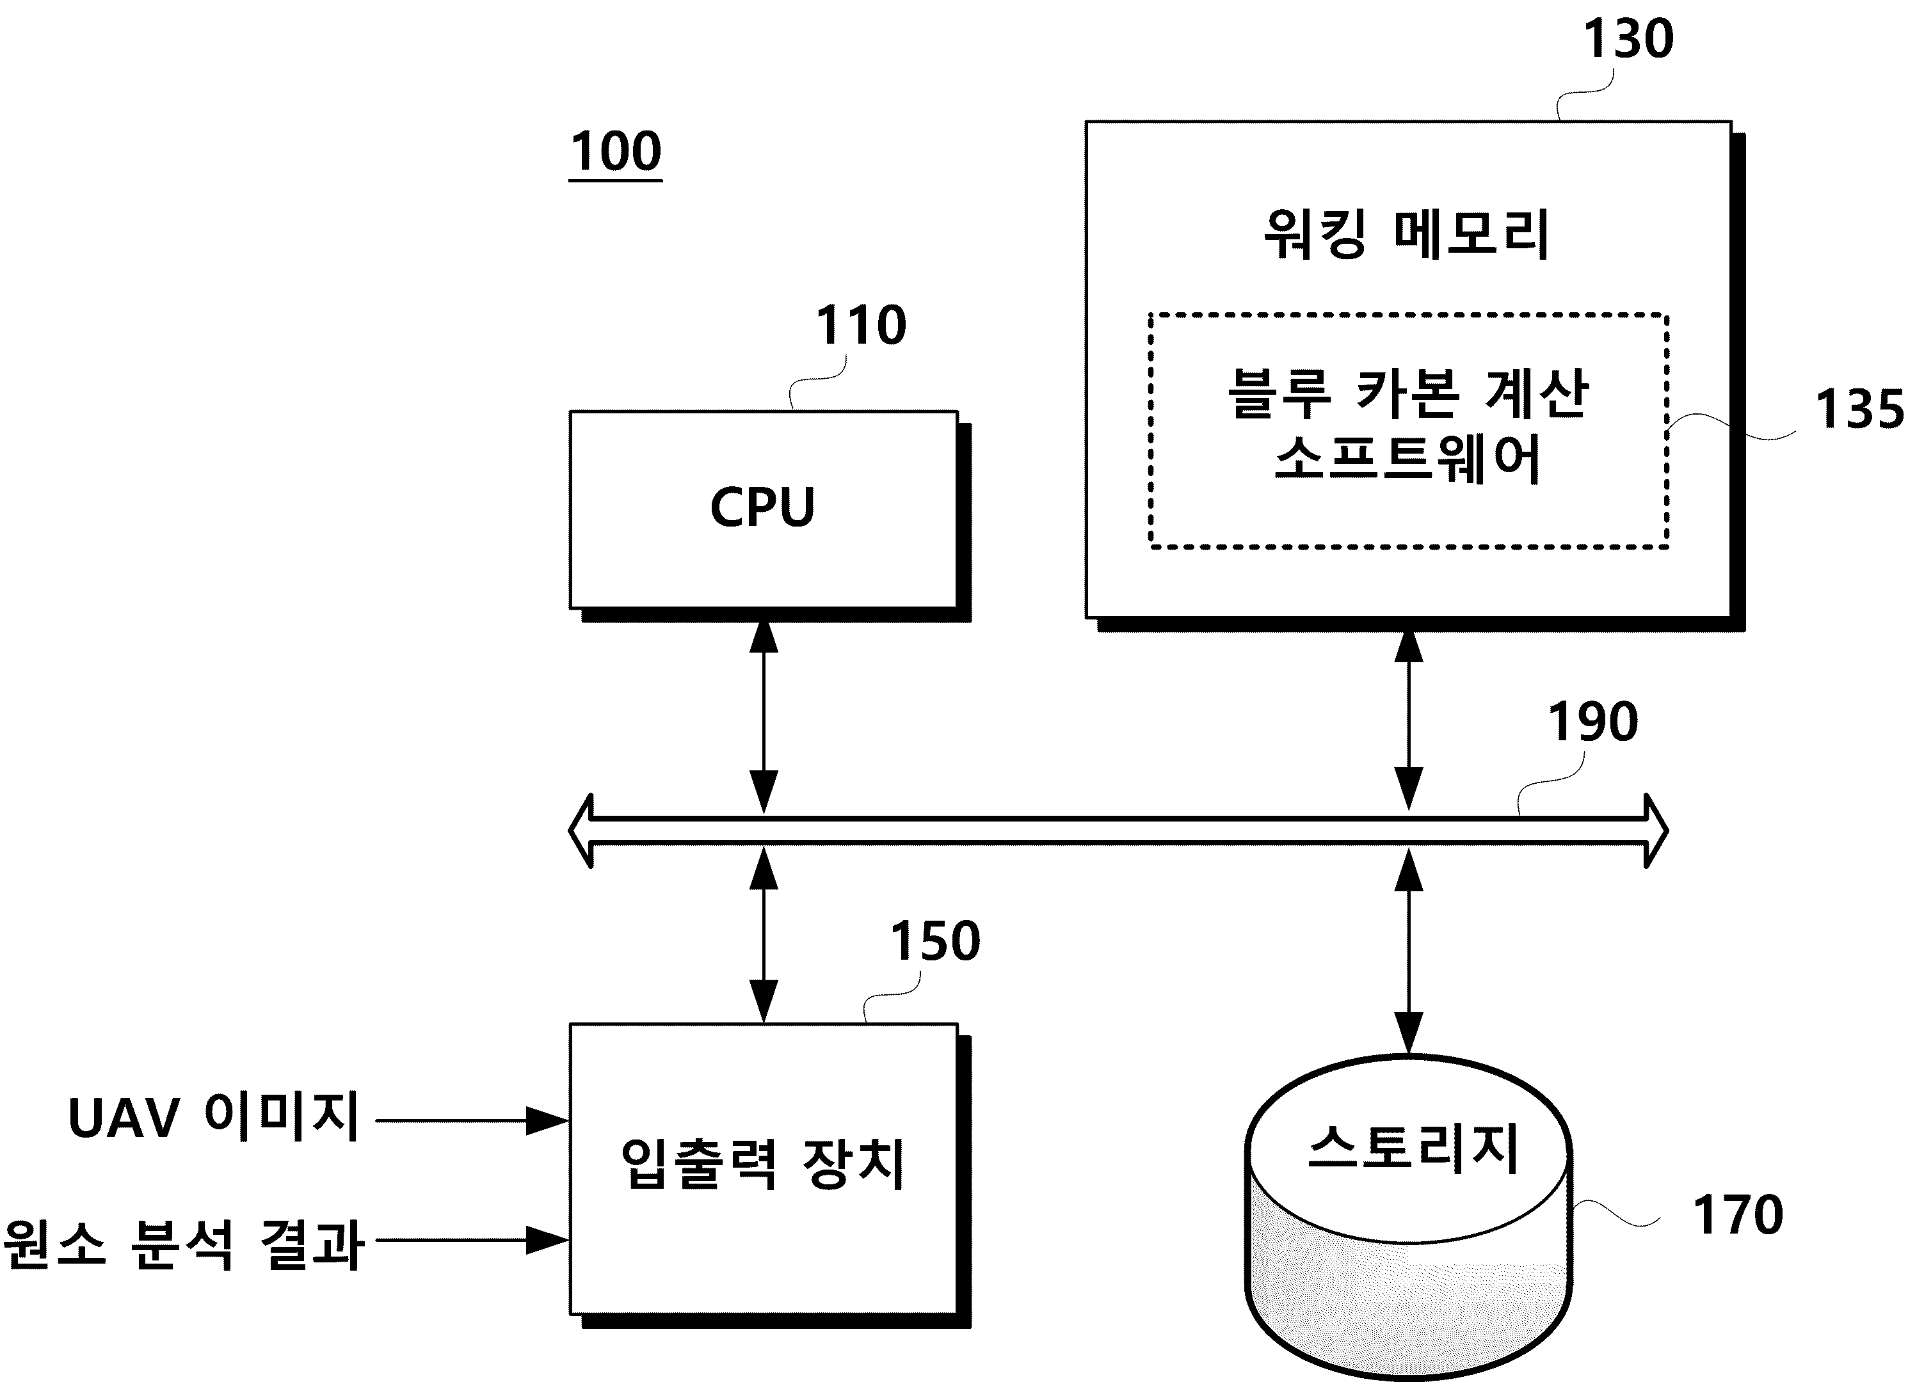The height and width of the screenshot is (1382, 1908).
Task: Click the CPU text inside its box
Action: point(762,507)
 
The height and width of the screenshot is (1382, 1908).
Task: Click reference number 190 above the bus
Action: point(1592,722)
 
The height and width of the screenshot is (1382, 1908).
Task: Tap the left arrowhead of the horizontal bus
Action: point(581,830)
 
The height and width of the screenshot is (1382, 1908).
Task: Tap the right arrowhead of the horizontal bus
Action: point(1656,830)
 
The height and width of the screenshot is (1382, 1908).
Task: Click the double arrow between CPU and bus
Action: point(764,717)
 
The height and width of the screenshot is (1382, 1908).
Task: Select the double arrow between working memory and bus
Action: point(1408,721)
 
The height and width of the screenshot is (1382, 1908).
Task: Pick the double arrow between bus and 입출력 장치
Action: point(764,935)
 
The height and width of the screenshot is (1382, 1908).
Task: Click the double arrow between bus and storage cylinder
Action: point(1408,951)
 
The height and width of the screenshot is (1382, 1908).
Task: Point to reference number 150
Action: point(934,941)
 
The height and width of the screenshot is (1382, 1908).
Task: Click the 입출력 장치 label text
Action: point(762,1164)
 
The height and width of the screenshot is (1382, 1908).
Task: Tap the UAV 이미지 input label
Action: point(214,1117)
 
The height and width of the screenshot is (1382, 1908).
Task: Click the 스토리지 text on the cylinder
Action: point(1413,1147)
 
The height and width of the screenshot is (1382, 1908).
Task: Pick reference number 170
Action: point(1737,1214)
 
